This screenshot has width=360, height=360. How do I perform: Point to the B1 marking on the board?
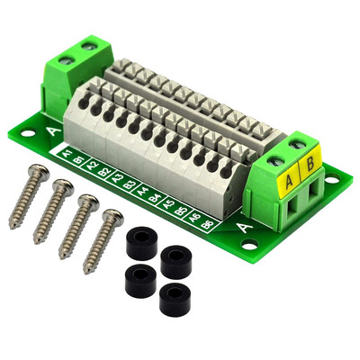tap(79, 160)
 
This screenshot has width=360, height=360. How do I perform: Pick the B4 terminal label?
tap(156, 196)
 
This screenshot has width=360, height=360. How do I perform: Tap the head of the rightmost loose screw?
tap(111, 216)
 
